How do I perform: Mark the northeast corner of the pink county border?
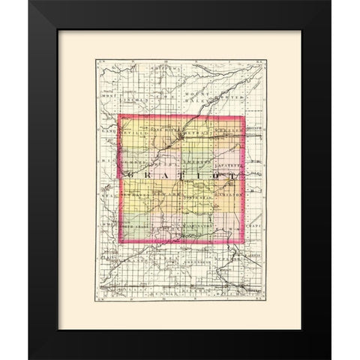pyautogui.click(x=243, y=115)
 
